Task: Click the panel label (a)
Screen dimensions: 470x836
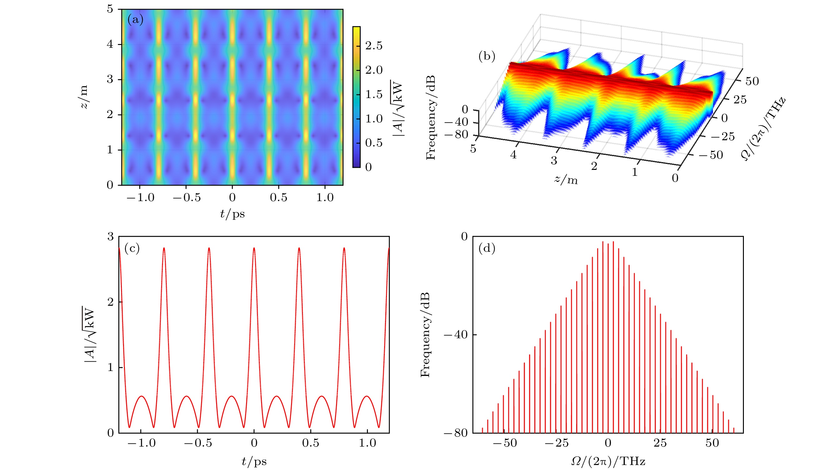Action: tap(135, 20)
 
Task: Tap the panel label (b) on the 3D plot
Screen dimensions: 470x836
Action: tap(487, 57)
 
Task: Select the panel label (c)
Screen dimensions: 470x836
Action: tap(132, 249)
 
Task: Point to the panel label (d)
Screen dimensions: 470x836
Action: tap(487, 249)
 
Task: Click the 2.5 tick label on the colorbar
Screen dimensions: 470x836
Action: tap(374, 46)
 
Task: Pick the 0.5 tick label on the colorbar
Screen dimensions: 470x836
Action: tap(374, 143)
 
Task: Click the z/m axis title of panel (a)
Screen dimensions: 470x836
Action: tap(84, 97)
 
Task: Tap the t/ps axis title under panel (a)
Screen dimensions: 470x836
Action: tap(232, 214)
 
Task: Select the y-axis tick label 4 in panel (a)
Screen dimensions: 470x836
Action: tap(110, 44)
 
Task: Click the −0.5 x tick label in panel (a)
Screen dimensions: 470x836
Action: tap(187, 197)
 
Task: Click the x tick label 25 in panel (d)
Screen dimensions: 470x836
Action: tap(660, 443)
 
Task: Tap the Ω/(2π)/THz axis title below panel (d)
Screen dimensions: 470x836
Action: tap(608, 461)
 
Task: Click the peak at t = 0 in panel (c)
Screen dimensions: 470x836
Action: tap(254, 249)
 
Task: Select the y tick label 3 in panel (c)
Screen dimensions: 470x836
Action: tap(111, 237)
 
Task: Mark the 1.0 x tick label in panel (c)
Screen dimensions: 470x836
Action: tap(367, 443)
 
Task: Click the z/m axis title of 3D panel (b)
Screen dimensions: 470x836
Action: tap(566, 179)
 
